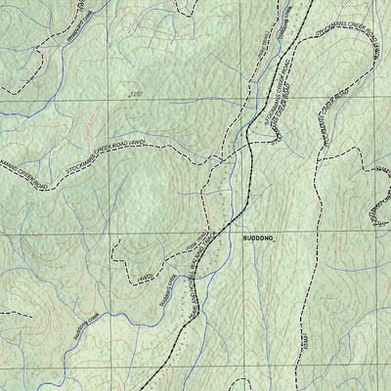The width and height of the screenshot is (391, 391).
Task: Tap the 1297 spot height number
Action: coord(148,95)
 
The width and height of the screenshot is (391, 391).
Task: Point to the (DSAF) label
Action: coord(305,338)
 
